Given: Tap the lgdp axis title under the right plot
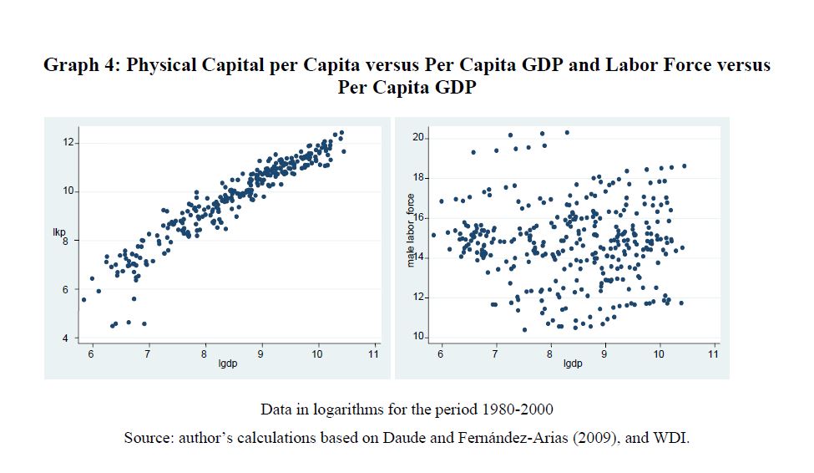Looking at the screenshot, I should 573,364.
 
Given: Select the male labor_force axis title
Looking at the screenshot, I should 411,231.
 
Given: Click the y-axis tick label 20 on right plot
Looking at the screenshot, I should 419,137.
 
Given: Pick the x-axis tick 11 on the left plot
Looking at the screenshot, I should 373,354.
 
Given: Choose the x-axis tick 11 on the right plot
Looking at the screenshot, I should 713,354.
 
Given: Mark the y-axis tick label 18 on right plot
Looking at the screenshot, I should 419,177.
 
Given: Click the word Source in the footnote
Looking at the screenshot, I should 149,438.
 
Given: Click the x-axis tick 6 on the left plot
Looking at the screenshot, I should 91,354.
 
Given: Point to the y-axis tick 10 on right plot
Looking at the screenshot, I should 419,337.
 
